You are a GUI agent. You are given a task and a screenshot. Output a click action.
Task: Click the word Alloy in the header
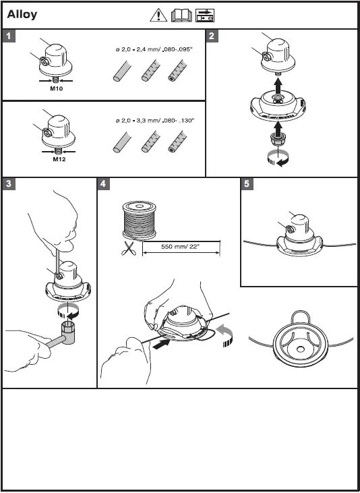[x=22, y=15]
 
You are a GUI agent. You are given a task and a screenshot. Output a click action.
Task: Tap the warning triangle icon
[x=158, y=16]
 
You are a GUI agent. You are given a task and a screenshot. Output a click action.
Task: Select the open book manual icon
[x=181, y=16]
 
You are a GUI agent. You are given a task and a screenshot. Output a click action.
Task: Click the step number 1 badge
[x=9, y=36]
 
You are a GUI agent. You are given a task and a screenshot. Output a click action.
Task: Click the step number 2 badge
[x=212, y=36]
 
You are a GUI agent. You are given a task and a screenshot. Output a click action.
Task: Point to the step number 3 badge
[x=9, y=184]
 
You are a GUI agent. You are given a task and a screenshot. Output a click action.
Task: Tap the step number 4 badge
[x=103, y=184]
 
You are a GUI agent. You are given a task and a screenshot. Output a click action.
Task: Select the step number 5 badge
[x=247, y=184]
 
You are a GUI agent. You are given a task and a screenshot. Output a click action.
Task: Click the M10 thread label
[x=57, y=88]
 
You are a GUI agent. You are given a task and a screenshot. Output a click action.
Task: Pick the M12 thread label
[x=59, y=159]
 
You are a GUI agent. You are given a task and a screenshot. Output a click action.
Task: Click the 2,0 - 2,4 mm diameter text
[x=154, y=49]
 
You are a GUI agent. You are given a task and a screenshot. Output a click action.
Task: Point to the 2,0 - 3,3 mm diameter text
[x=155, y=121]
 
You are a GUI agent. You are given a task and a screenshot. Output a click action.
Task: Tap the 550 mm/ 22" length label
[x=181, y=247]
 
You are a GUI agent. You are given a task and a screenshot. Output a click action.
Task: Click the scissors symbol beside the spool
[x=128, y=248]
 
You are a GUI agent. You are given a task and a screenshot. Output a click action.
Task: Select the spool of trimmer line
[x=140, y=221]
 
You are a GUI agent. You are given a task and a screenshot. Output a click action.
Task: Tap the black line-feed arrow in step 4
[x=161, y=343]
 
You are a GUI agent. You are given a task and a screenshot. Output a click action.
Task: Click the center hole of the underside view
[x=300, y=349]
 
